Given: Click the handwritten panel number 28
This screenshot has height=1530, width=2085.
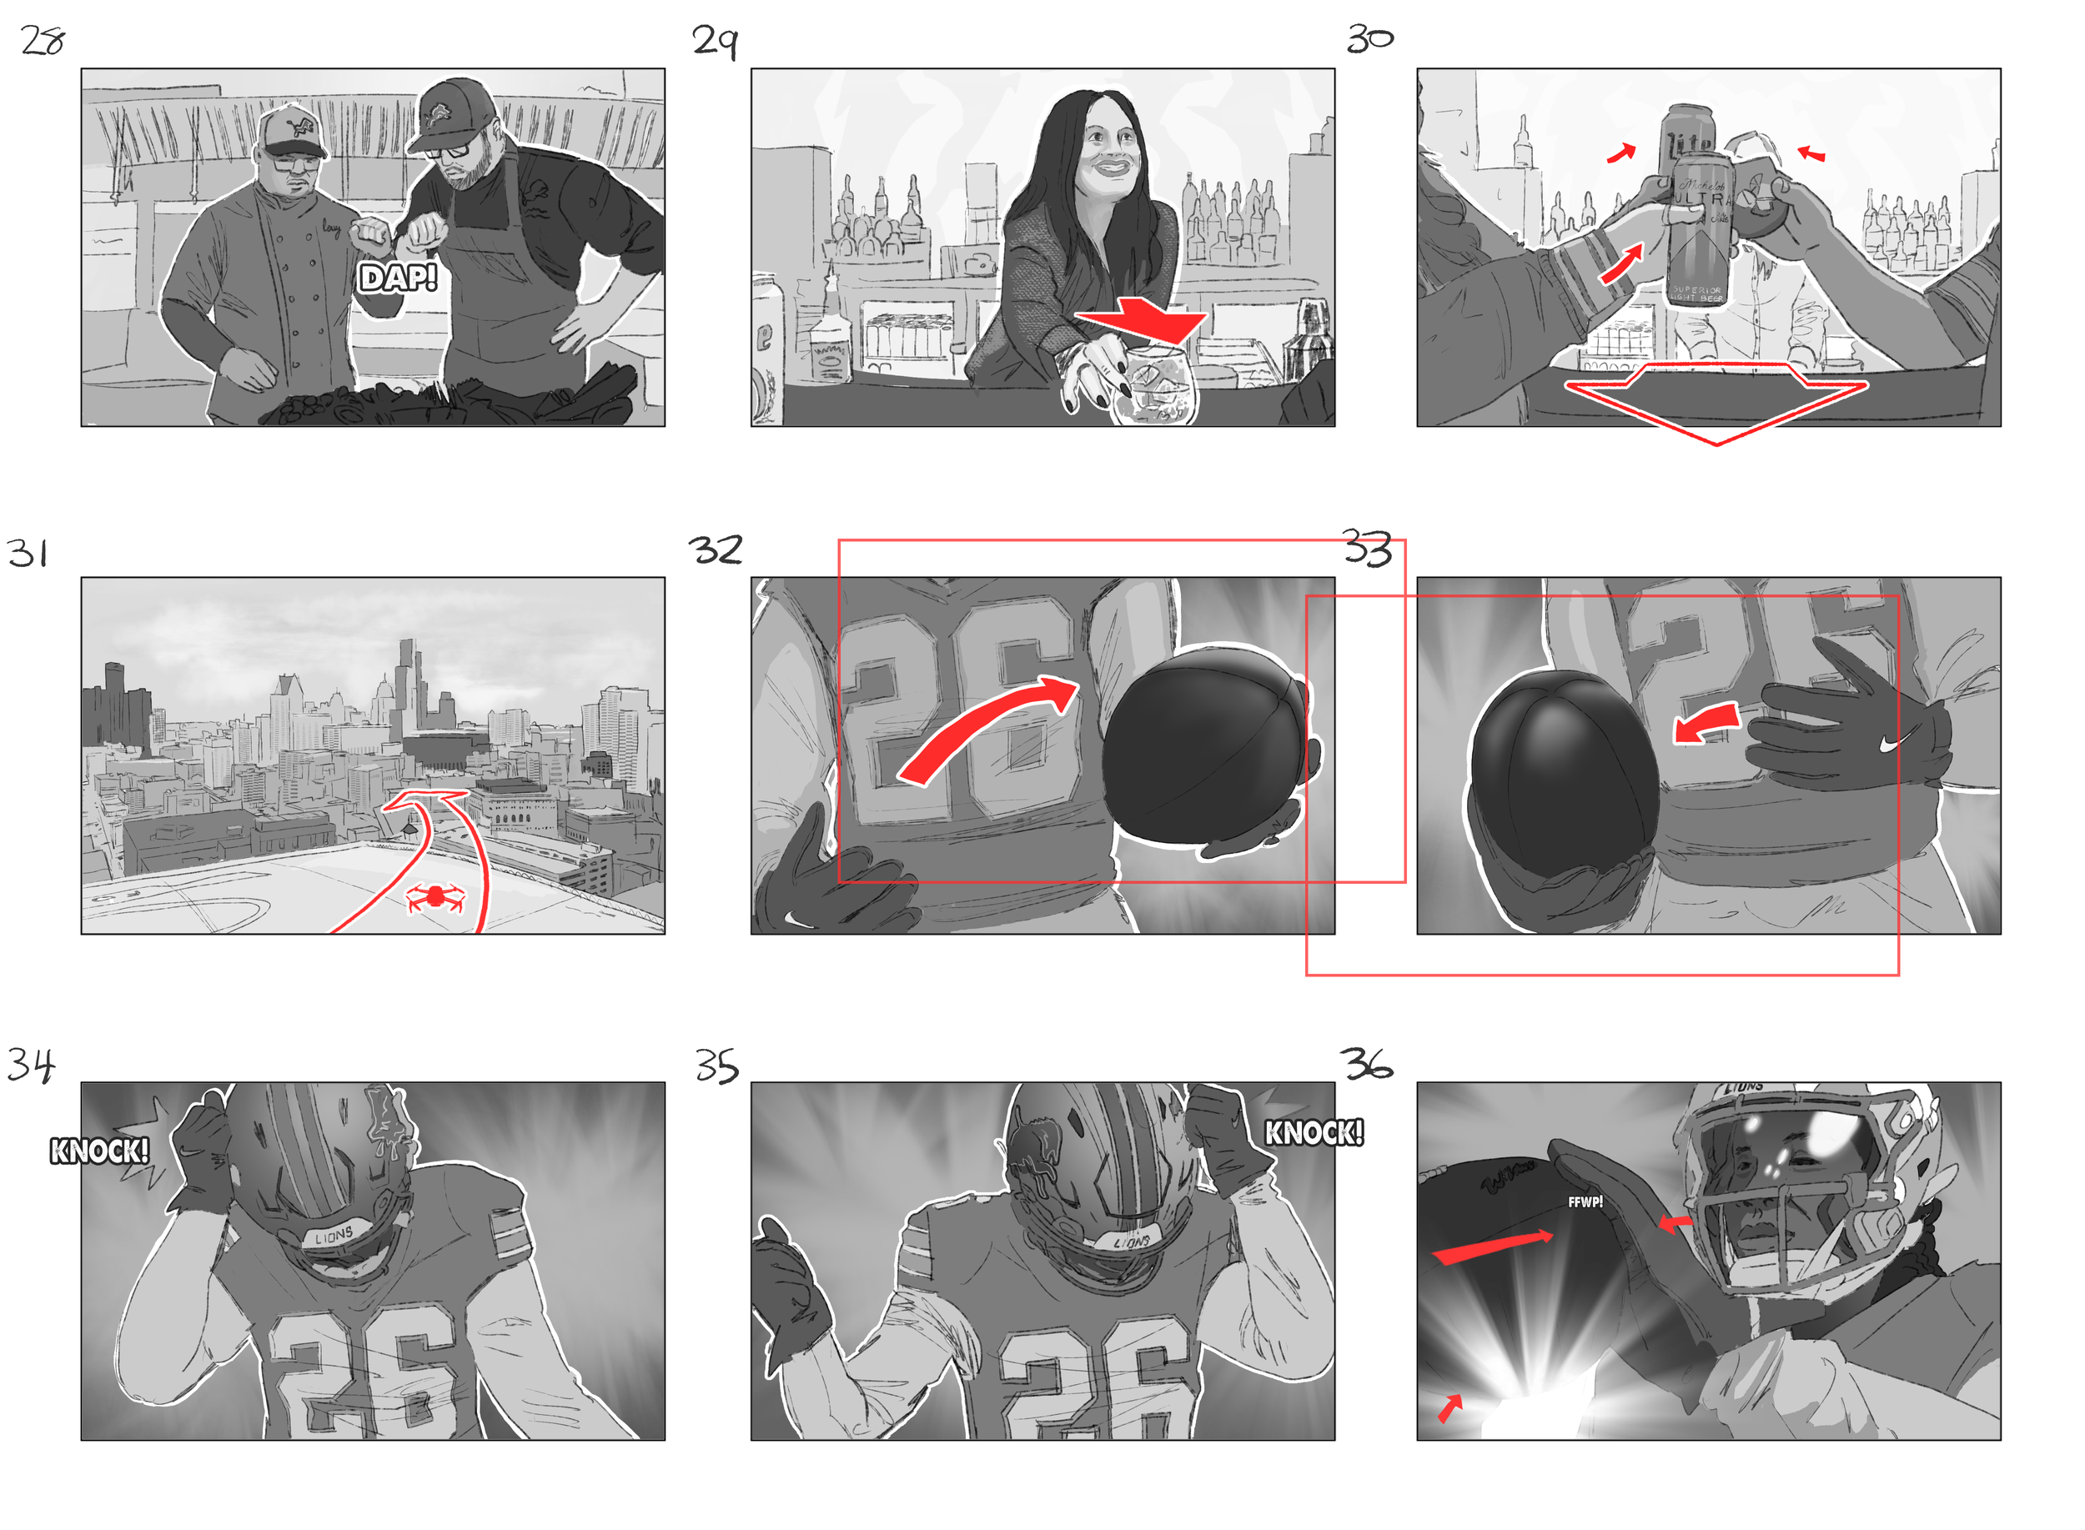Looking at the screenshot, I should (x=43, y=41).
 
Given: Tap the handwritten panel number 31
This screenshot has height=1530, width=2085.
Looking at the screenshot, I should (x=28, y=553).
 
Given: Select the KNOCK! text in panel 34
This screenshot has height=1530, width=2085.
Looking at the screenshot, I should (x=99, y=1151).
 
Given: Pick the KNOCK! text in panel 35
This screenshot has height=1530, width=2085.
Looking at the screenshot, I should (x=1314, y=1132).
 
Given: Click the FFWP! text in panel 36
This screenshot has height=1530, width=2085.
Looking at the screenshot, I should (x=1584, y=1202).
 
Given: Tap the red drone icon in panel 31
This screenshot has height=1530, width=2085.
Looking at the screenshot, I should (x=435, y=895).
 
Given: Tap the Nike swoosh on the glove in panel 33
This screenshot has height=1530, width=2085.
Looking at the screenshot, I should (x=1896, y=742).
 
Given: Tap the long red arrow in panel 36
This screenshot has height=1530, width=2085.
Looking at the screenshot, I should (x=1491, y=1246).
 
